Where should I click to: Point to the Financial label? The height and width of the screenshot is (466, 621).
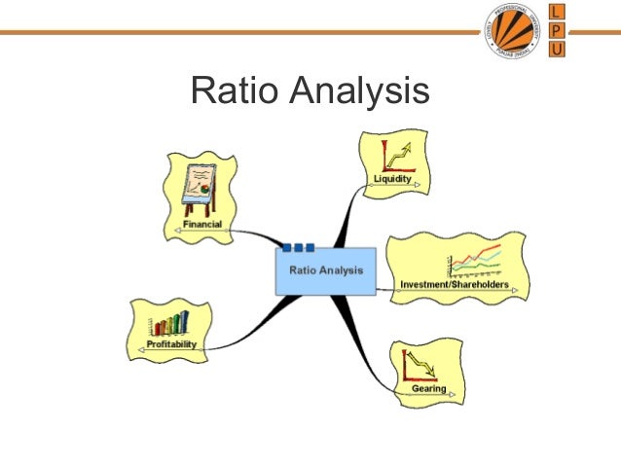(202, 225)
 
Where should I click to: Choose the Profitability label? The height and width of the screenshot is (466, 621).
(172, 343)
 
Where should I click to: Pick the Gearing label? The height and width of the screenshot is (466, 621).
(428, 388)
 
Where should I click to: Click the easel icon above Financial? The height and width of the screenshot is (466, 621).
(200, 189)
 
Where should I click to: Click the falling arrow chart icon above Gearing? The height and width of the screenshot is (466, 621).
(419, 365)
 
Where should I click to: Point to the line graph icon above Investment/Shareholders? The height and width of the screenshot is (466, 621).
(475, 261)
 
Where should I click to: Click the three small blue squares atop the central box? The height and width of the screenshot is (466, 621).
(298, 246)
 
